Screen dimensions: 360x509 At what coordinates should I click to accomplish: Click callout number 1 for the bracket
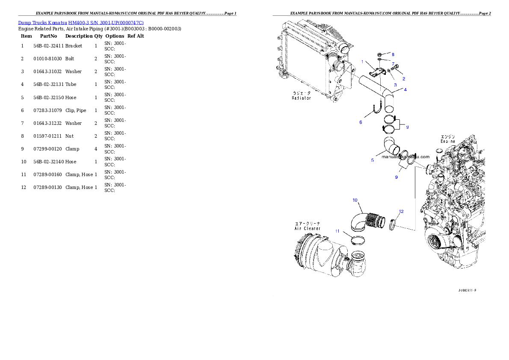click(362, 62)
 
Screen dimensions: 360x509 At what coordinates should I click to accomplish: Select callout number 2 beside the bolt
click(403, 79)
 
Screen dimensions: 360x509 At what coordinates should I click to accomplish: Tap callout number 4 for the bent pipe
click(405, 89)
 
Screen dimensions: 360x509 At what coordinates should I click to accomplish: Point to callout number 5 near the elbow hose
click(372, 160)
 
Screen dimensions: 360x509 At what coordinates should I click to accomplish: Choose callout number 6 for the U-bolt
click(361, 122)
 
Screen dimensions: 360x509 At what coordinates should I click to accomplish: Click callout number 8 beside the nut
click(393, 55)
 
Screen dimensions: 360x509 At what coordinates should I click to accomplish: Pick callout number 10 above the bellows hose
click(355, 200)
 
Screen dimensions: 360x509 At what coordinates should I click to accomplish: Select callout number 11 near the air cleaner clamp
click(337, 231)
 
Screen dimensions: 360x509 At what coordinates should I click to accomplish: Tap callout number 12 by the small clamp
click(401, 211)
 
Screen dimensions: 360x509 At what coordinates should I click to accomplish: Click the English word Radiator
click(302, 98)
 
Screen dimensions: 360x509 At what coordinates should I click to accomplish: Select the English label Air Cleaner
click(307, 228)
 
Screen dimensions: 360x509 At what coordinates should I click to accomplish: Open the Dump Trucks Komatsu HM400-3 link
click(81, 22)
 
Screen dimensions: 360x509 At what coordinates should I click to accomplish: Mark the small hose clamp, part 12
click(392, 224)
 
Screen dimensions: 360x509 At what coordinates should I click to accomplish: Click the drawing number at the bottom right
click(467, 290)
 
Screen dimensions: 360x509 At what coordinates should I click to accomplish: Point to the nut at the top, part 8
click(380, 55)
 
